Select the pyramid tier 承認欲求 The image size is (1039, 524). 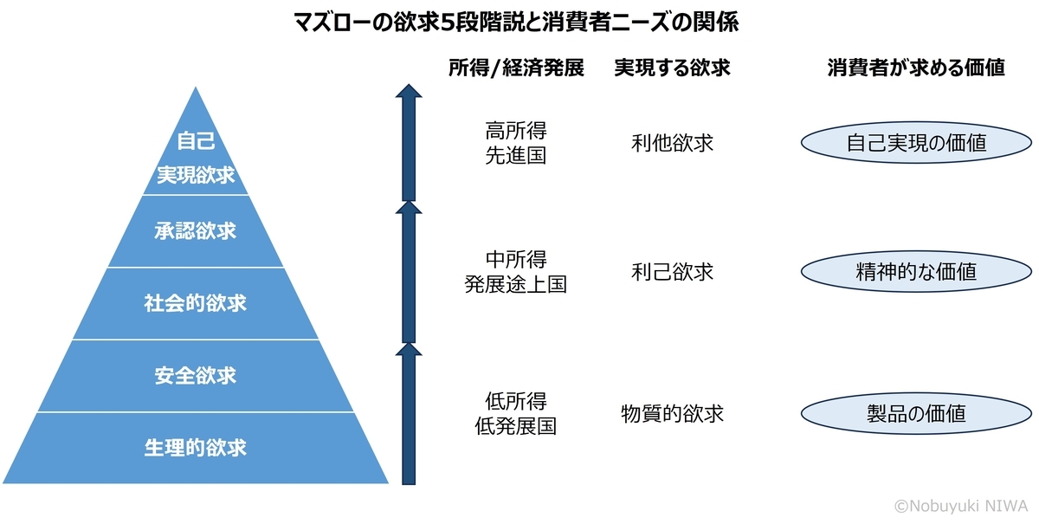pyautogui.click(x=196, y=231)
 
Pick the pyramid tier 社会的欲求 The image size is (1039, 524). pyautogui.click(x=196, y=303)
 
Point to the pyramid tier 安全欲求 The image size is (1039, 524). pyautogui.click(x=196, y=376)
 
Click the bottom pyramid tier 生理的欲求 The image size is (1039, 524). pyautogui.click(x=196, y=448)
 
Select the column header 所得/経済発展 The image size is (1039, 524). pyautogui.click(x=516, y=69)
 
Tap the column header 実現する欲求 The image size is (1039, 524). pyautogui.click(x=672, y=69)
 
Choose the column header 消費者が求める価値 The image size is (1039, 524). pyautogui.click(x=916, y=69)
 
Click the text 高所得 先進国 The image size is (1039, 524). pyautogui.click(x=516, y=144)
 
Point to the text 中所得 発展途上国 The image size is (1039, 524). pyautogui.click(x=516, y=272)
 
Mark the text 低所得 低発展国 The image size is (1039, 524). pyautogui.click(x=516, y=414)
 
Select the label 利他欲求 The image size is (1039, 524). pyautogui.click(x=673, y=144)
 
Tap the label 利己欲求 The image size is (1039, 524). pyautogui.click(x=673, y=272)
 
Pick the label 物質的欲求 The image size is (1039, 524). pyautogui.click(x=673, y=414)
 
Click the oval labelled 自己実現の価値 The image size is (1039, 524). pyautogui.click(x=916, y=144)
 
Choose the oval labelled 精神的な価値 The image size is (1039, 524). pyautogui.click(x=916, y=272)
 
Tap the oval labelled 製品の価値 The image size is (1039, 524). pyautogui.click(x=916, y=414)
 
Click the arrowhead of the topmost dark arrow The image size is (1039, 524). pyautogui.click(x=409, y=93)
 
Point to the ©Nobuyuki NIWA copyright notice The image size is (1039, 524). pyautogui.click(x=963, y=505)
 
